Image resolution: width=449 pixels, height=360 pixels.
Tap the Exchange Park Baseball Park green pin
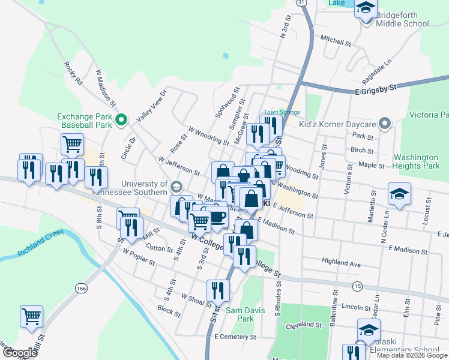pos(121,121)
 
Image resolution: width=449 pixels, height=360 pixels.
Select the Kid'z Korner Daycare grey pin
pos(385,125)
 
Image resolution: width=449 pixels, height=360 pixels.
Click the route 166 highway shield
pos(81,289)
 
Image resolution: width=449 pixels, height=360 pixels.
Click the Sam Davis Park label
pos(240,314)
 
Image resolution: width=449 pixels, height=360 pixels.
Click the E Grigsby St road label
pos(376,88)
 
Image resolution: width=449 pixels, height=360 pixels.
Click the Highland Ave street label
pos(341,262)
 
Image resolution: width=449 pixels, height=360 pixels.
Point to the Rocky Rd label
pos(74,73)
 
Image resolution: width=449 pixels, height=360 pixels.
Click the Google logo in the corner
pos(19,353)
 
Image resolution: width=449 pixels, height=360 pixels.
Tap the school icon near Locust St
pos(399,194)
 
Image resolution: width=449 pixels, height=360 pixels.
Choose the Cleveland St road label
pos(304,325)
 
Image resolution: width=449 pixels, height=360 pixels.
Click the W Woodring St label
pos(208,136)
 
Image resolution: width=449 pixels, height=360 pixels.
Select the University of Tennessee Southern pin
pos(175,185)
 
